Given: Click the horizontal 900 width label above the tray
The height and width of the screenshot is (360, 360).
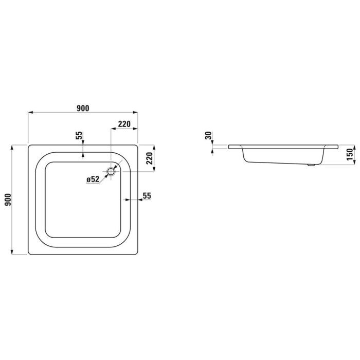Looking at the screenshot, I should point(83,108).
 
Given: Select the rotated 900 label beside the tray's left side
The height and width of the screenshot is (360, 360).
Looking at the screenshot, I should point(8,200).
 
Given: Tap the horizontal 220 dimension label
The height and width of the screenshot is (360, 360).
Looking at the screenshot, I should point(124,124).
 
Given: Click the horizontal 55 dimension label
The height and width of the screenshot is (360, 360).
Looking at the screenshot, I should point(147,195).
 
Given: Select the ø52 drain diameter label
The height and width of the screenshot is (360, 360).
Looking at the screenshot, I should point(93,179).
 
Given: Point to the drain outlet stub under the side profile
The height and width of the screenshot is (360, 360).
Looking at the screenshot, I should point(310,166).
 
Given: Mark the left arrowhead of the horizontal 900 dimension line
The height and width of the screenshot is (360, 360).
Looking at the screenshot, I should point(30,112).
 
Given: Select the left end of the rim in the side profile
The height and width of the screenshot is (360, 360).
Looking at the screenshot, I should point(229,147).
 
